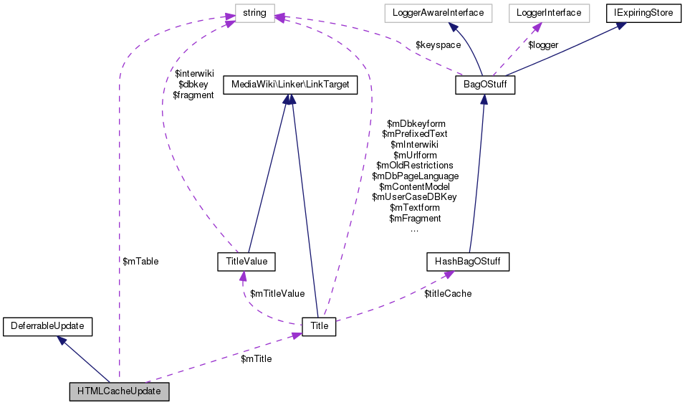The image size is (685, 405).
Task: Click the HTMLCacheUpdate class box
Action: tap(119, 392)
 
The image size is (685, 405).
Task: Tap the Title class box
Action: tap(319, 326)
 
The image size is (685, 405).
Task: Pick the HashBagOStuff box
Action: tap(467, 262)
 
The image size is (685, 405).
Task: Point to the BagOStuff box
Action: tap(485, 85)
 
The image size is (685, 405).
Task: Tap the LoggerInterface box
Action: tap(548, 13)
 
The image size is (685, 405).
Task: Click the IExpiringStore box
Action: tap(641, 13)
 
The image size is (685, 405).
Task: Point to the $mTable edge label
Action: tap(140, 262)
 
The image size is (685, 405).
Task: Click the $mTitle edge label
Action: tap(256, 358)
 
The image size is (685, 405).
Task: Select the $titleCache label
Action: tap(448, 293)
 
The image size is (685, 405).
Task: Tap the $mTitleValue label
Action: tap(277, 293)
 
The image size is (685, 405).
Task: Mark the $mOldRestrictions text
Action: tap(414, 165)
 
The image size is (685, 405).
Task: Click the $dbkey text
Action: tap(193, 84)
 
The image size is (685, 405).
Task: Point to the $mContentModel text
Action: tap(414, 186)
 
